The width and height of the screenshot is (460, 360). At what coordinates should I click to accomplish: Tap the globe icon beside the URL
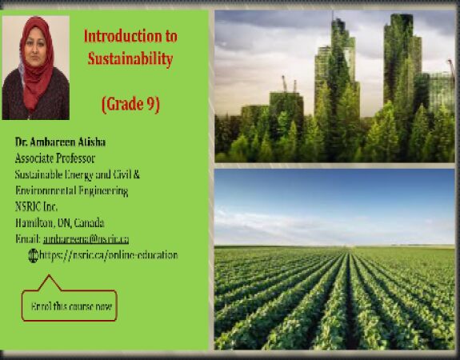(x=33, y=255)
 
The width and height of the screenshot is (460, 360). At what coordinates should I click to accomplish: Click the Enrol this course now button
(x=70, y=305)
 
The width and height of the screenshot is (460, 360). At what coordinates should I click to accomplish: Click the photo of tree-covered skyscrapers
(x=334, y=86)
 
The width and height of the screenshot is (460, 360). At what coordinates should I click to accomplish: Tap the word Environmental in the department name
(x=47, y=190)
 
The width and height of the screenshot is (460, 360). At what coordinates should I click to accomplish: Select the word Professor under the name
(x=77, y=158)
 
